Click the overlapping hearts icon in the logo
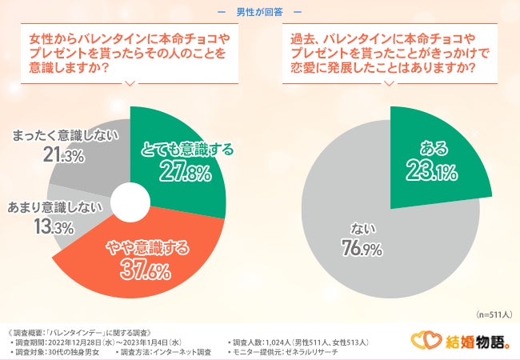tap(423, 342)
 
